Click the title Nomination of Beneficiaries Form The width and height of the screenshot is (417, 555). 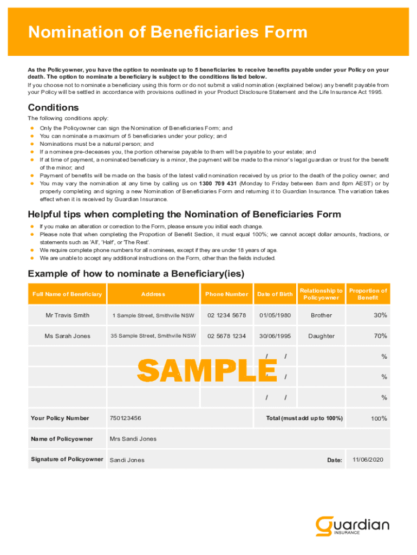[x=167, y=33]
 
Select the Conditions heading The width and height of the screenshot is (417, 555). [x=53, y=107]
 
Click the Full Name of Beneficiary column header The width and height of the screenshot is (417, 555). [x=67, y=294]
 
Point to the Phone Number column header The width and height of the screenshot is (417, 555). [x=226, y=294]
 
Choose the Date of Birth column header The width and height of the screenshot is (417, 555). [x=275, y=294]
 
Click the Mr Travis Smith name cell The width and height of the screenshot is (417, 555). [x=67, y=315]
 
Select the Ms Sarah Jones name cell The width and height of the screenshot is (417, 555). [x=67, y=336]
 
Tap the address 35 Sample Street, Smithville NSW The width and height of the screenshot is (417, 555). [x=153, y=336]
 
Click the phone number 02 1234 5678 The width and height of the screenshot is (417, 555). [x=226, y=315]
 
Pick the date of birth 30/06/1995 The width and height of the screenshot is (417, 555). [x=275, y=336]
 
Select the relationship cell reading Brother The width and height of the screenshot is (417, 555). [x=321, y=315]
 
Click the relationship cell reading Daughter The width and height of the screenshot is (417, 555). [x=321, y=336]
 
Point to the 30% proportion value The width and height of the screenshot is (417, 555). [x=380, y=315]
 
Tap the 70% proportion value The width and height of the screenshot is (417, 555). [x=380, y=336]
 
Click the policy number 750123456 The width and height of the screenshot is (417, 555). [x=125, y=418]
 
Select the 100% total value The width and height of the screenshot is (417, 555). [x=379, y=418]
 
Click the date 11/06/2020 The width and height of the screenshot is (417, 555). [x=368, y=460]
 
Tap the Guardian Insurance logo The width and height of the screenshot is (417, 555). [x=352, y=526]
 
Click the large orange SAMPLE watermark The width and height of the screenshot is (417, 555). [x=207, y=371]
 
